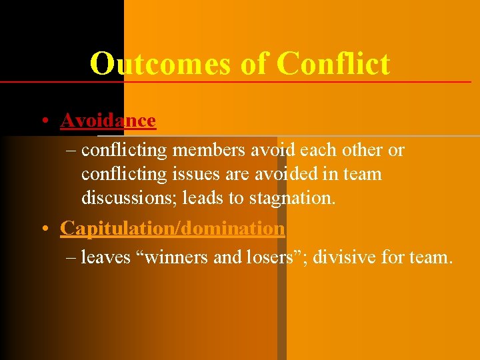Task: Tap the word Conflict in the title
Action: click(x=333, y=63)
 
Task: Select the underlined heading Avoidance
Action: click(x=108, y=121)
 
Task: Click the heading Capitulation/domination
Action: click(x=173, y=228)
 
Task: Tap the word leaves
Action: click(x=105, y=257)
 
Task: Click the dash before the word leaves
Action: click(x=72, y=257)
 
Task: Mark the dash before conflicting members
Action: click(x=72, y=151)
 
